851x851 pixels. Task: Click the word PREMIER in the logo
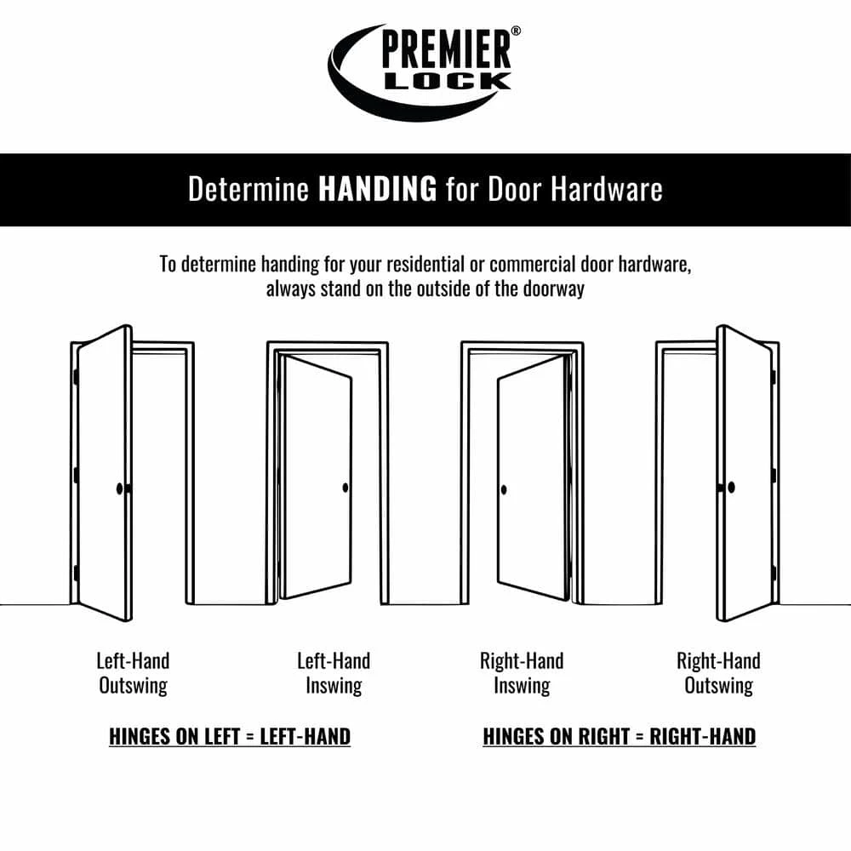tap(447, 51)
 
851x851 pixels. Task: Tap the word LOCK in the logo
tap(448, 82)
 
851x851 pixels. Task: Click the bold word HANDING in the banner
tap(377, 190)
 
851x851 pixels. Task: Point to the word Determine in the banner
tap(248, 190)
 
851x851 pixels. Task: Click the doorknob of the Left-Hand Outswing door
tap(119, 488)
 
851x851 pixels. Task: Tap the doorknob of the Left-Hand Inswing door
tap(346, 488)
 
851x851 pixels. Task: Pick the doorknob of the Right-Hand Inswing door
tap(504, 489)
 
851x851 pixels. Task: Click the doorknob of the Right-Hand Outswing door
tap(730, 488)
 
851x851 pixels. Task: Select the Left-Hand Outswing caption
tap(133, 673)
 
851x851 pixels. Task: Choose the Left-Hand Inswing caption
tap(334, 673)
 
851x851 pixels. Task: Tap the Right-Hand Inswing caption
tap(522, 673)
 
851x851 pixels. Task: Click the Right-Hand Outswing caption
tap(718, 673)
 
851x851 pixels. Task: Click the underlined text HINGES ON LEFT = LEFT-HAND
tap(230, 736)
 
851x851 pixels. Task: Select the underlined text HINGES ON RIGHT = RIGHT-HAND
tap(620, 736)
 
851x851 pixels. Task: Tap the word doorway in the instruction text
tap(554, 288)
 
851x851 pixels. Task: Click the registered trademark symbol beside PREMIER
tap(517, 31)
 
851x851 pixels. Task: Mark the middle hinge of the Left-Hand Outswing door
tap(76, 474)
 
